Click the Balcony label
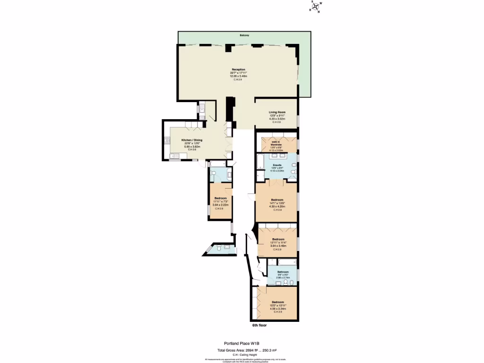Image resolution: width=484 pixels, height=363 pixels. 244,36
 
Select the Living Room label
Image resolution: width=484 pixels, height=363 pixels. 277,112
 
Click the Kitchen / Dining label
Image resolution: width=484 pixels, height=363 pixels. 192,140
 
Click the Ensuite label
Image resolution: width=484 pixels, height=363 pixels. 277,165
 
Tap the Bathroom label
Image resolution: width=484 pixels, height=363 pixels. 283,272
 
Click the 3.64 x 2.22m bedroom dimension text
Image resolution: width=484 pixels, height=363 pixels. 221,205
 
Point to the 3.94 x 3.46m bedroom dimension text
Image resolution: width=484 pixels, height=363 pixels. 278,246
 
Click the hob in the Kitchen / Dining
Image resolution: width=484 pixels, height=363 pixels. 167,140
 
